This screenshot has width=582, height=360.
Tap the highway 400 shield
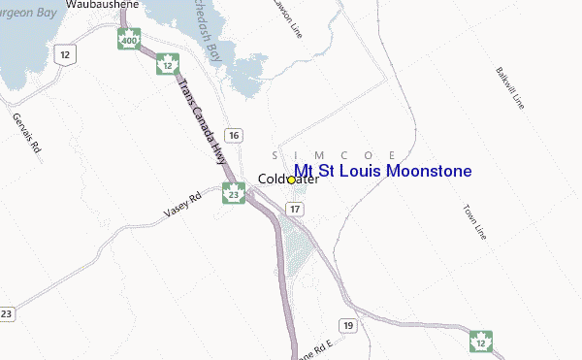coord(129,40)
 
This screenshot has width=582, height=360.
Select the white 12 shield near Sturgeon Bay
coord(65,54)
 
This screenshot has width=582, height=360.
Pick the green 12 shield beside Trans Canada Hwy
coord(169,65)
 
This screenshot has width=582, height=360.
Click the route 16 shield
coord(233,134)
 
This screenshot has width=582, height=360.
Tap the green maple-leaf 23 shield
coord(232,193)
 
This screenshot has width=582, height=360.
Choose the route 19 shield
coord(348,323)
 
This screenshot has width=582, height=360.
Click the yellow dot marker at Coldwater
coord(291,180)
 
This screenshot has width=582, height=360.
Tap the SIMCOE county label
coord(333,155)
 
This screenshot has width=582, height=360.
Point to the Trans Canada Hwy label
coord(201,119)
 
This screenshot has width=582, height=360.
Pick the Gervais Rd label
coord(26,134)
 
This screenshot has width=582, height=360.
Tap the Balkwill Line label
coord(510,87)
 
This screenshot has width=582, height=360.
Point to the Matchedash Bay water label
coord(221,34)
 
